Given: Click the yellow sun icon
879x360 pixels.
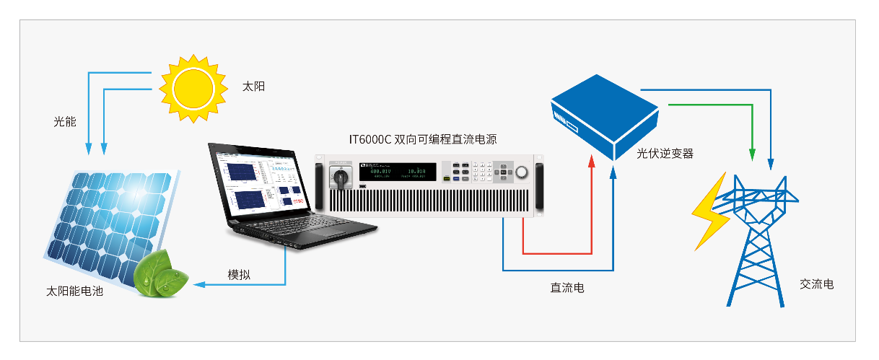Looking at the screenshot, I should [x=188, y=86].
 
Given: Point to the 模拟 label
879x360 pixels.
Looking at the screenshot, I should [x=240, y=275].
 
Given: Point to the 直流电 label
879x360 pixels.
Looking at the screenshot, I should [x=567, y=288].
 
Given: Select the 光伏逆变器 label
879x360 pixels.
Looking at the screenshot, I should [x=665, y=154].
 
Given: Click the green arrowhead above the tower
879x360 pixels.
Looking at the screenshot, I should [x=752, y=154].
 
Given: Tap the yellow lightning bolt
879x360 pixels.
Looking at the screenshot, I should [x=712, y=209].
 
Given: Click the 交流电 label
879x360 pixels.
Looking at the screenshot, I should [x=817, y=284].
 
